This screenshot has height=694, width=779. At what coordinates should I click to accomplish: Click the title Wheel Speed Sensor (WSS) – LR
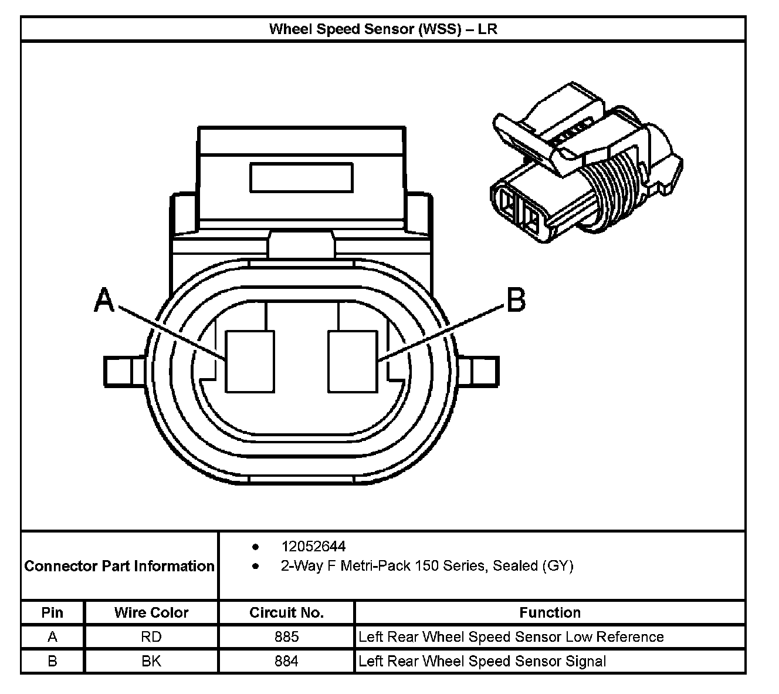pyautogui.click(x=383, y=29)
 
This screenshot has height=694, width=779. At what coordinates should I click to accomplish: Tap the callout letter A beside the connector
pyautogui.click(x=104, y=301)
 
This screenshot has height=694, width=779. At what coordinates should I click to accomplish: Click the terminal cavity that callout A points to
pyautogui.click(x=250, y=361)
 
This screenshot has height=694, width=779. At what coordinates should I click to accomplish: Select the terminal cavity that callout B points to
pyautogui.click(x=353, y=361)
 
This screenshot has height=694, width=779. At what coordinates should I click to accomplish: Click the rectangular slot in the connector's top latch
pyautogui.click(x=301, y=177)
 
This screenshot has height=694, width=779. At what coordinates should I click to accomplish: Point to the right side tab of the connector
pyautogui.click(x=479, y=371)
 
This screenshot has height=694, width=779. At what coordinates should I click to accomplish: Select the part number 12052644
pyautogui.click(x=313, y=547)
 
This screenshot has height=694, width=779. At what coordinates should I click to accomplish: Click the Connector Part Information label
pyautogui.click(x=119, y=566)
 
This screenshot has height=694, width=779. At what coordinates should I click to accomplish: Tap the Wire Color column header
pyautogui.click(x=151, y=612)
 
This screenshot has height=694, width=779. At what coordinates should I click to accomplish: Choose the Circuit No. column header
pyautogui.click(x=286, y=612)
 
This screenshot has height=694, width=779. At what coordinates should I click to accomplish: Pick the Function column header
pyautogui.click(x=550, y=612)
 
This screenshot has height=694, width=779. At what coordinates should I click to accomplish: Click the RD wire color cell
pyautogui.click(x=151, y=636)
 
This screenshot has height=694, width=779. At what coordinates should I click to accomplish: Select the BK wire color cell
pyautogui.click(x=151, y=661)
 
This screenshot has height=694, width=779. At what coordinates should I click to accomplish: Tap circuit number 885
pyautogui.click(x=286, y=636)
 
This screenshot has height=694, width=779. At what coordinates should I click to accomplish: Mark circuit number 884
pyautogui.click(x=286, y=661)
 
